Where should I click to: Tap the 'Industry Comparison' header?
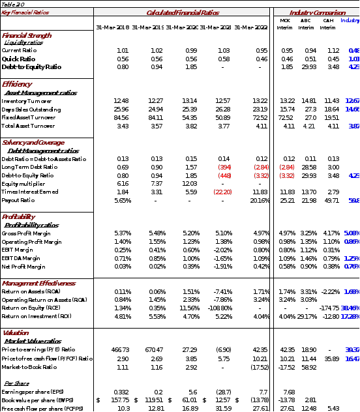pyautogui.click(x=318, y=12)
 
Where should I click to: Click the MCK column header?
pyautogui.click(x=285, y=21)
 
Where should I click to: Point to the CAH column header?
pyautogui.click(x=328, y=21)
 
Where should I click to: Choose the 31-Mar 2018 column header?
pyautogui.click(x=112, y=27)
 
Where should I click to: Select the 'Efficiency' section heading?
pyautogui.click(x=16, y=85)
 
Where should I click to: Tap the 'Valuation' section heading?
pyautogui.click(x=16, y=333)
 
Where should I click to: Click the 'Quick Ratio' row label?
pyautogui.click(x=18, y=59)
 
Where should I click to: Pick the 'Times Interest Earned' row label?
pyautogui.click(x=30, y=192)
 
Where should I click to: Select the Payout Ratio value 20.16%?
pyautogui.click(x=259, y=200)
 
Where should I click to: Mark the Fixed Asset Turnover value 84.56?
pyautogui.click(x=121, y=117)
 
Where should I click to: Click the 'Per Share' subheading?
pyautogui.click(x=16, y=383)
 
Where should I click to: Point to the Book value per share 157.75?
pyautogui.click(x=119, y=400)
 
